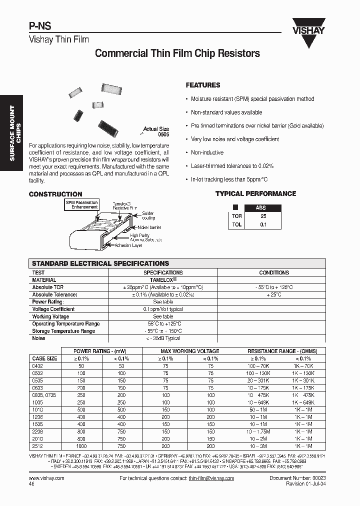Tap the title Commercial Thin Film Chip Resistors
pyautogui.click(x=177, y=53)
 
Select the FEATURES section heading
pyautogui.click(x=202, y=85)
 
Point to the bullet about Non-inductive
pyautogui.click(x=207, y=152)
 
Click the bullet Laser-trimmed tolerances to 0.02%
pyautogui.click(x=232, y=165)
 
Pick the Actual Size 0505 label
pyautogui.click(x=156, y=131)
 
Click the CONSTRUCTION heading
pyautogui.click(x=55, y=194)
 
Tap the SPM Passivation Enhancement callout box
pyautogui.click(x=81, y=204)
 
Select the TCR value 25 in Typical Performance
pyautogui.click(x=263, y=216)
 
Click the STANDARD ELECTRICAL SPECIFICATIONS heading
pyautogui.click(x=100, y=263)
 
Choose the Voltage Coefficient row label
pyautogui.click(x=53, y=309)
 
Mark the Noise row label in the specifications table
pyautogui.click(x=38, y=338)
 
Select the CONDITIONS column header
pyautogui.click(x=273, y=273)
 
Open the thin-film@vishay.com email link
pyautogui.click(x=211, y=478)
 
